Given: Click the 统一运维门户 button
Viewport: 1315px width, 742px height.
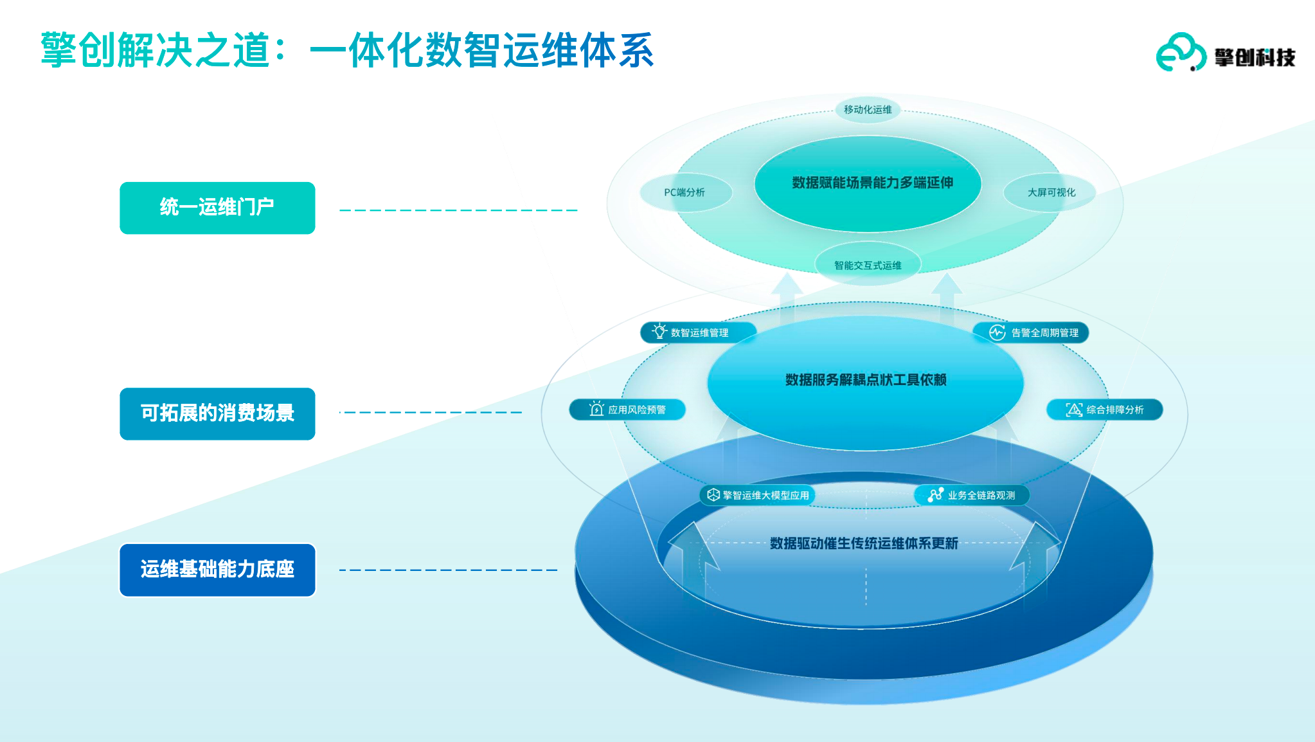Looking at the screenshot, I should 217,208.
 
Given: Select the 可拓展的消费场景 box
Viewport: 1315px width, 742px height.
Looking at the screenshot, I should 217,413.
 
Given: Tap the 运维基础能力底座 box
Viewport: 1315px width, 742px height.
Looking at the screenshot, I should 217,570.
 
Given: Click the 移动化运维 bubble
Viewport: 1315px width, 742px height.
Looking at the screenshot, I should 868,109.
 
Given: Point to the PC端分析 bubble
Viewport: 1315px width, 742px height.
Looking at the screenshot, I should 685,192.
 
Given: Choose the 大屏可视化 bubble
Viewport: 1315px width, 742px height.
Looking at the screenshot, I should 1051,192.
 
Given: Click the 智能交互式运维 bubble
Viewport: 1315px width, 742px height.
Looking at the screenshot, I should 868,265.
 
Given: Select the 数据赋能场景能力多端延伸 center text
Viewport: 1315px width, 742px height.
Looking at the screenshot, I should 872,183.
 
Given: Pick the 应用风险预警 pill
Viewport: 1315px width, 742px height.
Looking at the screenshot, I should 627,410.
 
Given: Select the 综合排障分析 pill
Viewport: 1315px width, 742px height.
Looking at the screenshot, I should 1105,410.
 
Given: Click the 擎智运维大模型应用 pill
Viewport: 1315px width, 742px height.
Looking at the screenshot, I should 758,495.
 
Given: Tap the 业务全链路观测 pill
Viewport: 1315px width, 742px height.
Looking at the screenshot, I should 972,495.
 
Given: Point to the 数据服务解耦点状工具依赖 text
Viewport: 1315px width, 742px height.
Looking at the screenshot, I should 866,380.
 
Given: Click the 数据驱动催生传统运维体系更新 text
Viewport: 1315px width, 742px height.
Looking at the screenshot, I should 864,543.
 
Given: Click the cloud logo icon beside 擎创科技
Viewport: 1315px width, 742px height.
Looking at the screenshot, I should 1180,53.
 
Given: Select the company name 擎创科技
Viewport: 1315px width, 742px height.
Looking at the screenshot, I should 1255,58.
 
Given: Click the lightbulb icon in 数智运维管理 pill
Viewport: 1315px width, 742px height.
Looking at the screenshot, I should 659,331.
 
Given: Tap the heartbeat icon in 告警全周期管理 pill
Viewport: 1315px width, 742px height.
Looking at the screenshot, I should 997,332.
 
